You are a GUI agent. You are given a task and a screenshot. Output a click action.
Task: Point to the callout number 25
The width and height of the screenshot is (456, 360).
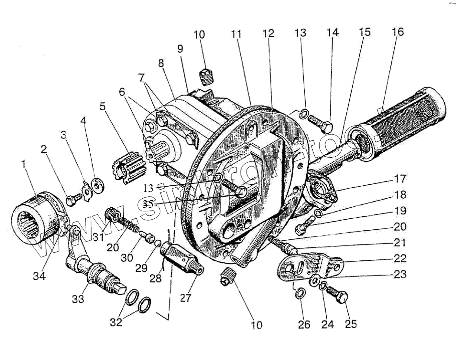(x=351, y=324)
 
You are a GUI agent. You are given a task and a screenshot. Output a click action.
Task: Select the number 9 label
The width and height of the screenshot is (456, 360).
(x=180, y=49)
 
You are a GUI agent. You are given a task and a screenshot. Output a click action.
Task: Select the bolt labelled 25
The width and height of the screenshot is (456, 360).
(x=340, y=298)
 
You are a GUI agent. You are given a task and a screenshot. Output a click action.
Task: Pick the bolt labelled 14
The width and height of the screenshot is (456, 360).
(x=319, y=121)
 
